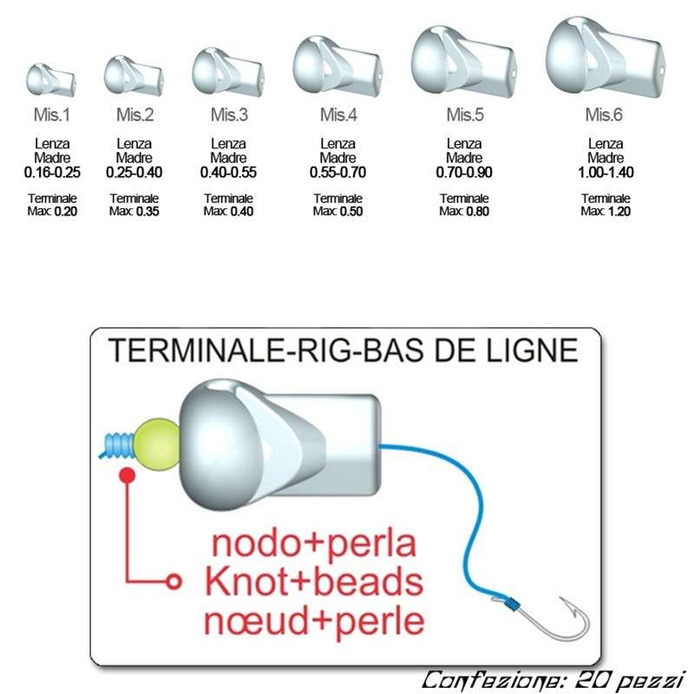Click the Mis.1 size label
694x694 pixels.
point(51,115)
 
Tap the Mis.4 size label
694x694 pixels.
point(338,115)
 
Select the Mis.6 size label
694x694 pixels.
point(605,115)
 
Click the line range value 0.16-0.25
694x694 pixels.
point(51,172)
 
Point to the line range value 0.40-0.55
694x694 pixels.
point(228,172)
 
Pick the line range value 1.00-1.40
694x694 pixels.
point(605,172)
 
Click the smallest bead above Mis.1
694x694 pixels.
point(50,79)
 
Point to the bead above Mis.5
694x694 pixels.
point(462,61)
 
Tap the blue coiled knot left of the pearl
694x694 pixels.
point(118,444)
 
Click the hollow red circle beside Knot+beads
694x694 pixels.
point(174,582)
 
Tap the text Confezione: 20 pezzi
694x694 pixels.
point(553,678)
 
